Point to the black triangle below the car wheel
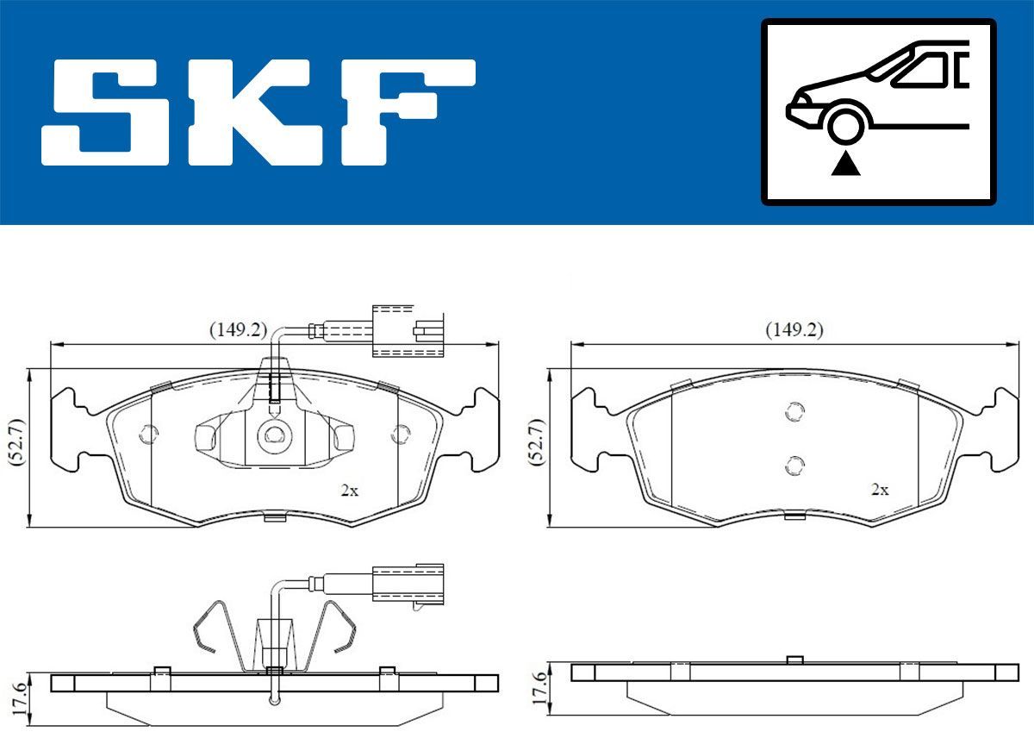846,163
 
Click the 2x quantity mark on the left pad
349,491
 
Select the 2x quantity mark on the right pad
880,489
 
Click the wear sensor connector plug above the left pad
405,330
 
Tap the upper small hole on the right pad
794,412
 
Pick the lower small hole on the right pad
794,466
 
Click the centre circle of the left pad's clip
273,436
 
